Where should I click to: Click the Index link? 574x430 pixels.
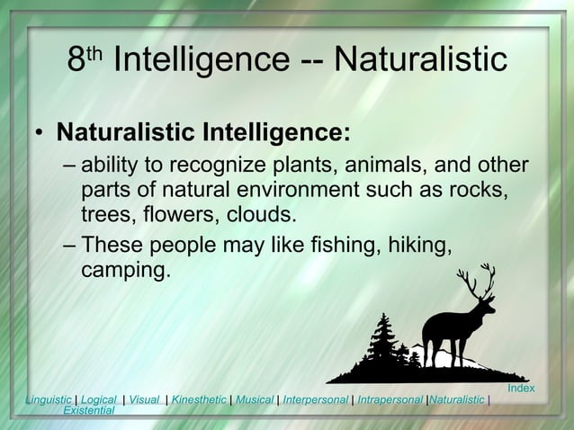point(521,388)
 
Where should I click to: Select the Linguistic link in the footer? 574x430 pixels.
point(49,399)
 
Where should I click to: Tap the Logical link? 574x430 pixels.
point(98,399)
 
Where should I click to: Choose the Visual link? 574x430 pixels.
point(144,399)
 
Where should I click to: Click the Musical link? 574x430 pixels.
point(255,399)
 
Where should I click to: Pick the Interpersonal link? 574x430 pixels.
point(315,399)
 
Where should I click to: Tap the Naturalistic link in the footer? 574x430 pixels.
point(456,399)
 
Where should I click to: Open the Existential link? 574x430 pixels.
point(88,410)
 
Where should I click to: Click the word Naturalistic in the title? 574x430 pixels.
point(420,60)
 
